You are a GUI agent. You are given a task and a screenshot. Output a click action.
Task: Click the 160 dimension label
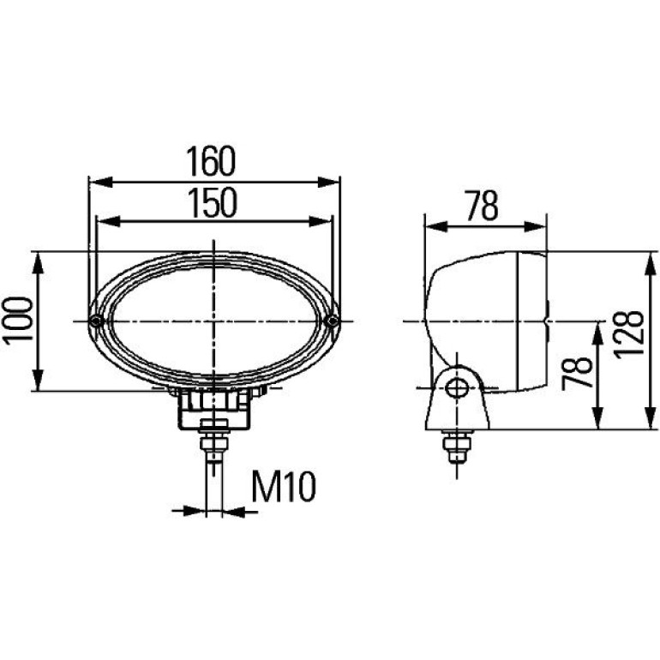(x=211, y=161)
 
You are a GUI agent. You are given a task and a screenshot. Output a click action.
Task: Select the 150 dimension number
(x=213, y=203)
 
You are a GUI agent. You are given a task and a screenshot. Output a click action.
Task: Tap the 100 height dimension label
(x=18, y=321)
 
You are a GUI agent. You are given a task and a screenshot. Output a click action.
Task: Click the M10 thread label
(x=283, y=487)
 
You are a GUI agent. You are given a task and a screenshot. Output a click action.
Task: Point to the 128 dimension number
(x=629, y=335)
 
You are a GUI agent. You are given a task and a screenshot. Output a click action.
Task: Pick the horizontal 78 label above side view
(x=483, y=206)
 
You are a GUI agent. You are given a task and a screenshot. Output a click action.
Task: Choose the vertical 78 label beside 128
(x=577, y=373)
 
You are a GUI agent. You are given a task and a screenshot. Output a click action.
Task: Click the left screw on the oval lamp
(x=96, y=321)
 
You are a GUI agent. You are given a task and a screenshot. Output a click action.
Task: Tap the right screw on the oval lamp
(x=333, y=321)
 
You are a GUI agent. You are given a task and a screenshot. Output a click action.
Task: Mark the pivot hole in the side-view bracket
(x=457, y=387)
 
